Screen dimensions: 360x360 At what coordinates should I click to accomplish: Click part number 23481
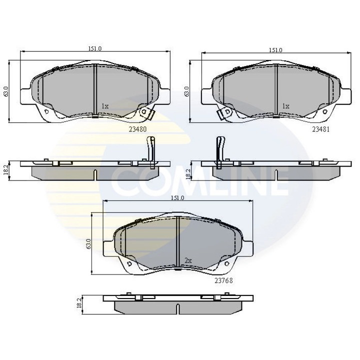[x=321, y=127]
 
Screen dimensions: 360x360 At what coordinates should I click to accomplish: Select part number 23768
[x=223, y=280]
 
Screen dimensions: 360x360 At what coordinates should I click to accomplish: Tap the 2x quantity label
[x=188, y=260]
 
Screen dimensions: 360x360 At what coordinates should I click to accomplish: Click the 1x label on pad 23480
[x=105, y=106]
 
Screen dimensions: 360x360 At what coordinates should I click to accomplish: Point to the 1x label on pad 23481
[x=286, y=106]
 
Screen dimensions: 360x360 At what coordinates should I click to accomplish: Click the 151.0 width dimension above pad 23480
[x=95, y=49]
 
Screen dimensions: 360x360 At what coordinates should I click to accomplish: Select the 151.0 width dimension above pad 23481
[x=275, y=50]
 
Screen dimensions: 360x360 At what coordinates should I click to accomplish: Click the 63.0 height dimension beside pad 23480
[x=6, y=92]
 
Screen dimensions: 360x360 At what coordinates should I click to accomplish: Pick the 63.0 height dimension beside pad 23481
[x=186, y=92]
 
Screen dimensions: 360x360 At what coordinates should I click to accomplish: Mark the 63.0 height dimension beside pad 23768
[x=89, y=244]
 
